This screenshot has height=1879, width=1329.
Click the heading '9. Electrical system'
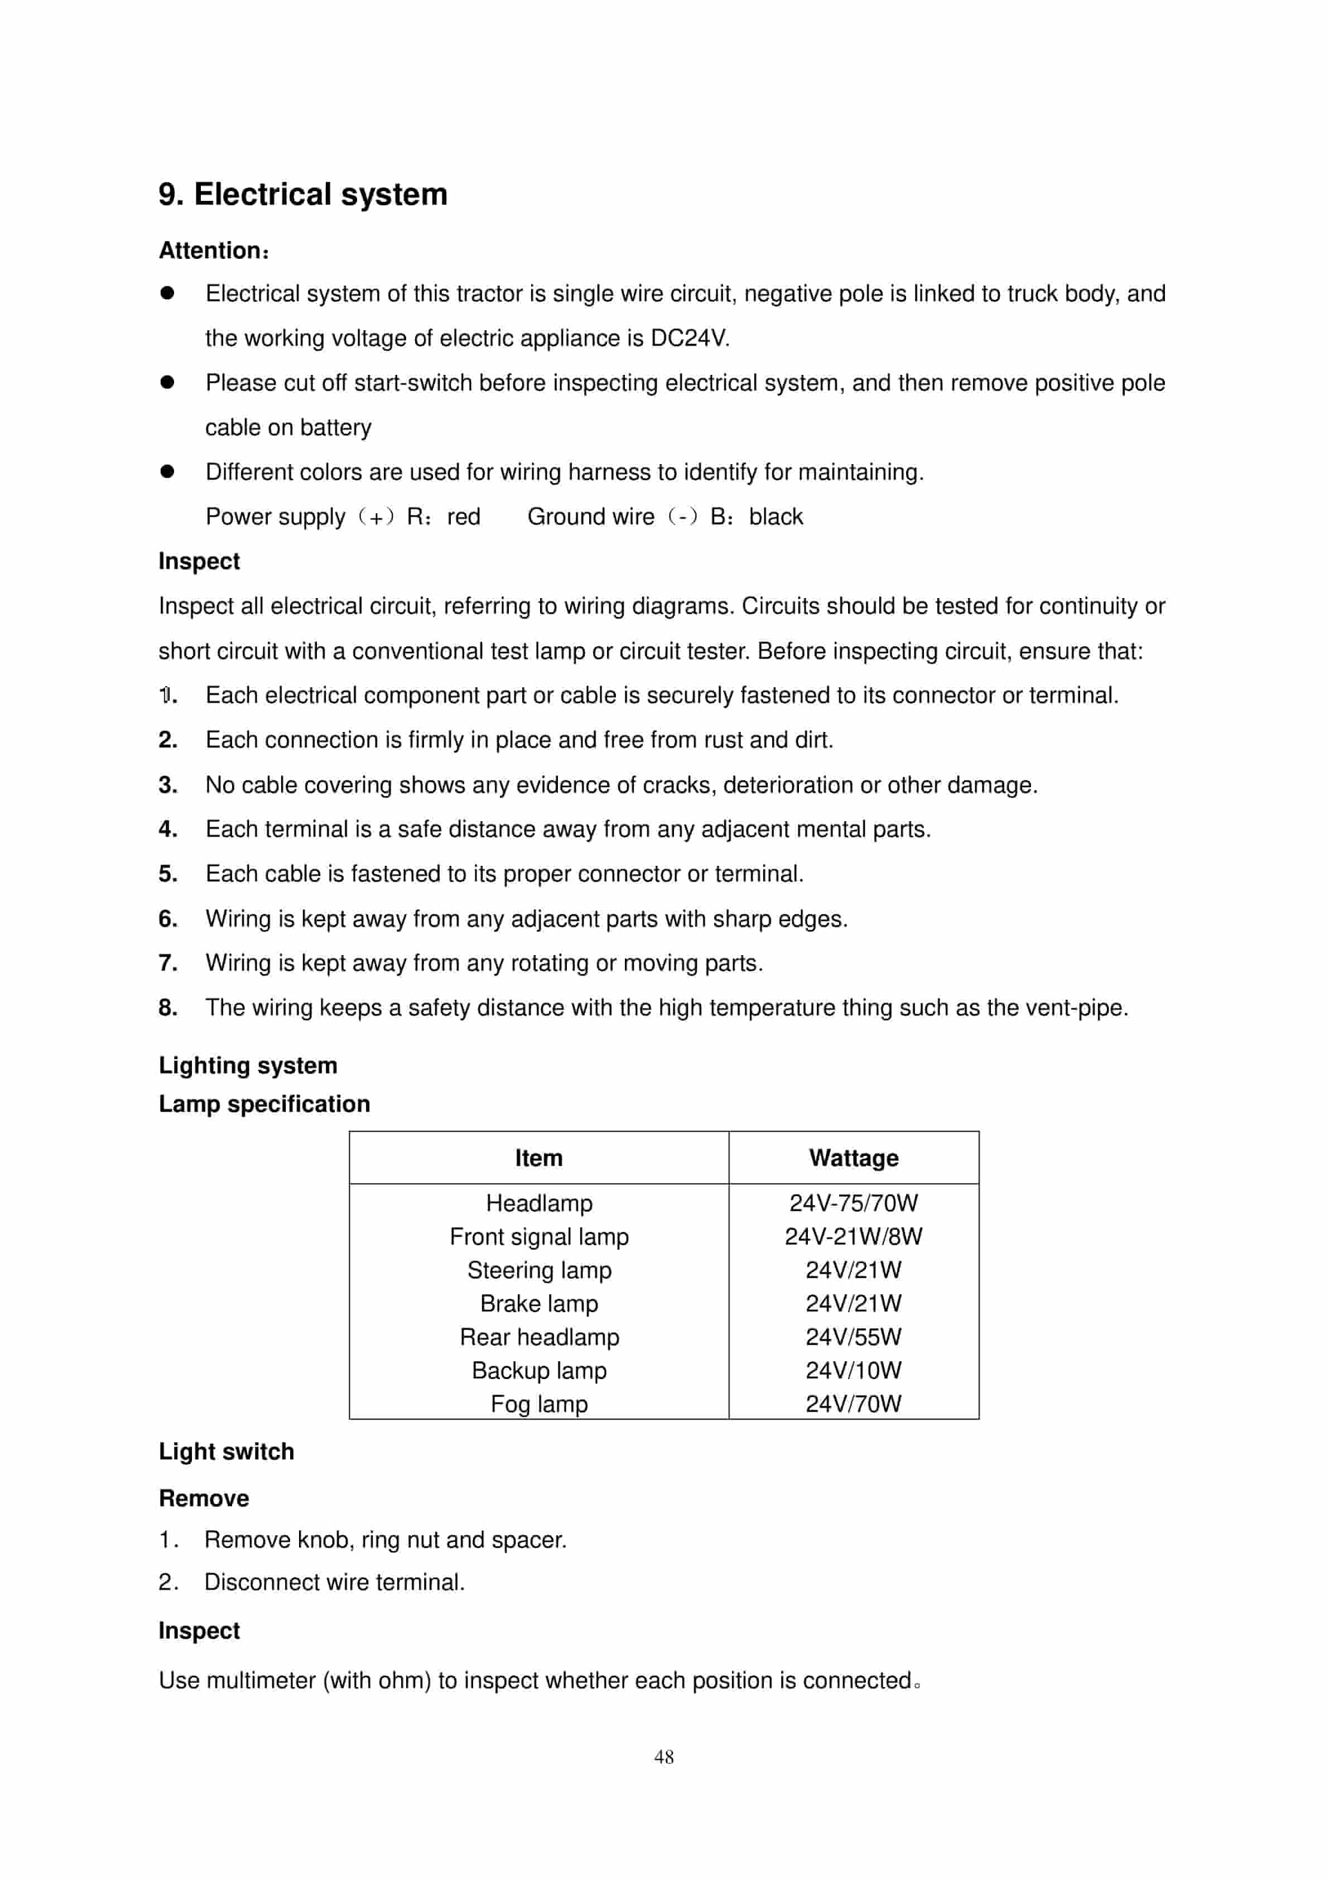point(303,195)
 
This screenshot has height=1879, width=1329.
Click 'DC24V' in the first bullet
point(688,338)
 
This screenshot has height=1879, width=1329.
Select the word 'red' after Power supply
point(464,517)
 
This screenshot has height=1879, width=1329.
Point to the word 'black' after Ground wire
point(776,517)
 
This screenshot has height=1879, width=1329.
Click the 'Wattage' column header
point(854,1158)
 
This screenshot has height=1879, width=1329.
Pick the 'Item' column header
point(538,1158)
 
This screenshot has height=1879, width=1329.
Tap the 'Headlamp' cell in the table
point(538,1203)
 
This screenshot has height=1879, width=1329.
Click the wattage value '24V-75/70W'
point(854,1203)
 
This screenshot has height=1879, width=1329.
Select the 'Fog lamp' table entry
point(538,1404)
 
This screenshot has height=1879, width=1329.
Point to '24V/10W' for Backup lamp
point(854,1370)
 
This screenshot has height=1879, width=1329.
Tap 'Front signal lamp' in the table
point(538,1236)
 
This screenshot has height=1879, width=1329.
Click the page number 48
point(664,1756)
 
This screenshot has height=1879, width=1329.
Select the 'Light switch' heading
point(226,1451)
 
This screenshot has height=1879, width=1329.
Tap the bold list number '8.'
point(168,1008)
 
